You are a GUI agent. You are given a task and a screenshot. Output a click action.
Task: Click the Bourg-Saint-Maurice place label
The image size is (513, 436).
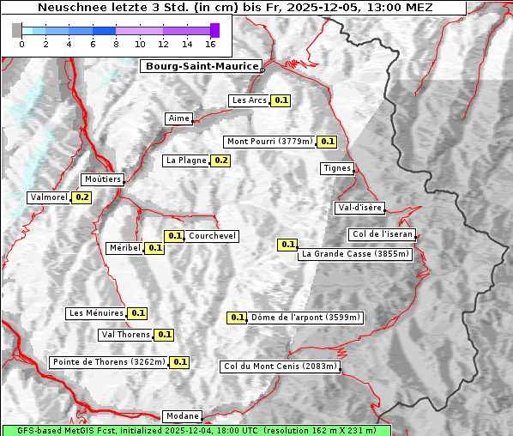201,66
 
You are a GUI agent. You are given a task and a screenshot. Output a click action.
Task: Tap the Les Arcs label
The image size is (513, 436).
250,100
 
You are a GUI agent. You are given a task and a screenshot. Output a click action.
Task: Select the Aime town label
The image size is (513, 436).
178,118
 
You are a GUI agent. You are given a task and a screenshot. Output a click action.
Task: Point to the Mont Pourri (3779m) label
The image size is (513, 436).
269,142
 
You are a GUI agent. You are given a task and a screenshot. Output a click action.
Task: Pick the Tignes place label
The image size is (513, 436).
337,168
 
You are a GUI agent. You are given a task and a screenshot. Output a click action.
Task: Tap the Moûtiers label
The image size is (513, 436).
102,179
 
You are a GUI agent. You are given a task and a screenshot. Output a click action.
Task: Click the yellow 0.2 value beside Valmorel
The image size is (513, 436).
81,197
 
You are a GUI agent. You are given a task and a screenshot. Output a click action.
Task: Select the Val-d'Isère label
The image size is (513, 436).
359,208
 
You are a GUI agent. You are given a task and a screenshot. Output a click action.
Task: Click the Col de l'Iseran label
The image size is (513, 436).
383,234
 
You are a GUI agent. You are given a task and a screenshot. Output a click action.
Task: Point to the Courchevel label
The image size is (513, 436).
212,236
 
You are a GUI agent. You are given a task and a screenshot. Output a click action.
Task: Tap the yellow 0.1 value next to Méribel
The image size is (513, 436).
154,248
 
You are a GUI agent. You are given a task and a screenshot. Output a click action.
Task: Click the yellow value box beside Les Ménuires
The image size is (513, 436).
137,313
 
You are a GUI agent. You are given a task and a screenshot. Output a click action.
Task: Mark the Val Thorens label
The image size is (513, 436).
126,335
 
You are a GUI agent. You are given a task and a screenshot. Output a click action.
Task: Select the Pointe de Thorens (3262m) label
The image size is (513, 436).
108,362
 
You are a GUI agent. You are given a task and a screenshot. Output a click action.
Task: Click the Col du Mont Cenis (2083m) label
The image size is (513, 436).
280,366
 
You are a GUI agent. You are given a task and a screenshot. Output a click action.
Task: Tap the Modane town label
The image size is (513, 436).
182,416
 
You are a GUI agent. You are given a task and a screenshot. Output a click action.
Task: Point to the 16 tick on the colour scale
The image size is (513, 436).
211,43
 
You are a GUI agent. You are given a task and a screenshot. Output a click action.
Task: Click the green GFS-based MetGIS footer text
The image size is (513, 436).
196,430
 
